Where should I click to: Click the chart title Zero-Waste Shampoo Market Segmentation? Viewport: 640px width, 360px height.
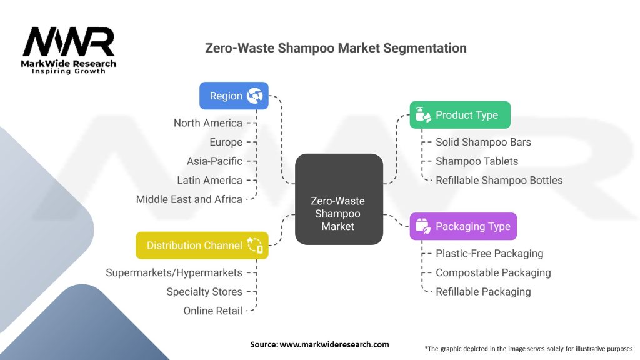(336, 48)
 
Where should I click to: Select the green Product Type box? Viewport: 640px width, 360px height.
(459, 115)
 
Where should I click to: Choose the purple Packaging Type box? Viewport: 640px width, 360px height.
(462, 226)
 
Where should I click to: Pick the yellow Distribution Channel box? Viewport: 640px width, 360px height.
(202, 246)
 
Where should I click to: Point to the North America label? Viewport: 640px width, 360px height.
(207, 123)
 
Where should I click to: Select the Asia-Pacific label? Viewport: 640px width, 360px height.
(214, 161)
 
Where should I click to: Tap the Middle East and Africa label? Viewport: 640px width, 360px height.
(189, 199)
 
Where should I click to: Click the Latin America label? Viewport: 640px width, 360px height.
(209, 180)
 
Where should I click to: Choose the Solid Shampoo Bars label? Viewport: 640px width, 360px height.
(483, 142)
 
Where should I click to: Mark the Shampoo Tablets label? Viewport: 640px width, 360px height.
(477, 161)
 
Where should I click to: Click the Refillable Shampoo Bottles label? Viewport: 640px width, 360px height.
(499, 180)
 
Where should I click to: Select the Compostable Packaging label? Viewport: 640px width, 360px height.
(493, 272)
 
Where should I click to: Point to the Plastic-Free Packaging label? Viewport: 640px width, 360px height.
(489, 254)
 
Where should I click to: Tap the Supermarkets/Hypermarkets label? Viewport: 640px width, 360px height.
(174, 272)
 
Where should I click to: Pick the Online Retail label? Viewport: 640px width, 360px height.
(212, 311)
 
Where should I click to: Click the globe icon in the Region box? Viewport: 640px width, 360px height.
(255, 96)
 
